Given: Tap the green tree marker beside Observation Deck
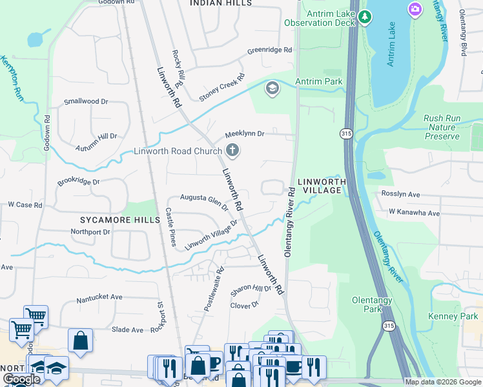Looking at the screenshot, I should point(365,16).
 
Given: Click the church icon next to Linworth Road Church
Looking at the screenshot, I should point(232,152).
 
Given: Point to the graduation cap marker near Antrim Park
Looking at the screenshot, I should point(272,88).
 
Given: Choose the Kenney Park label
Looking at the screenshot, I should point(453,316).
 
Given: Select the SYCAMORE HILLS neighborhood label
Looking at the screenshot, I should point(116,220).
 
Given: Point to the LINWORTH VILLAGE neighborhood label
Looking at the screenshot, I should point(319,186).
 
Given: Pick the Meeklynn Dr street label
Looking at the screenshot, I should point(245,134).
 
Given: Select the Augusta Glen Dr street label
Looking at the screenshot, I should point(203,201).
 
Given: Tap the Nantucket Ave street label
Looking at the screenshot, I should point(99,297).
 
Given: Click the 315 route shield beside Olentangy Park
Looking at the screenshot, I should point(388,327).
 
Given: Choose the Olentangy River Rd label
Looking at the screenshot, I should point(289,223).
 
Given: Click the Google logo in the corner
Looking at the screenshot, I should point(21,380).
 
